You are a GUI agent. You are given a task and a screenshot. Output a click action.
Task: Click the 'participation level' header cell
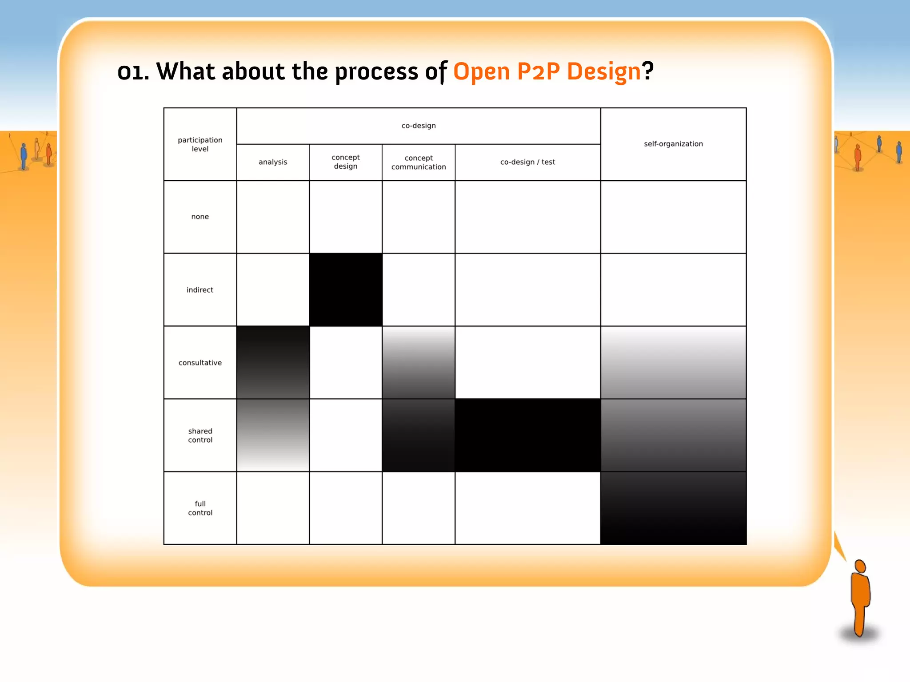pyautogui.click(x=200, y=144)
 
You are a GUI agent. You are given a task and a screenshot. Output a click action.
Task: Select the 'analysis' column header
pyautogui.click(x=273, y=162)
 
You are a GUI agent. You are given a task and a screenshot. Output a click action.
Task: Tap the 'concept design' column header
pyautogui.click(x=346, y=162)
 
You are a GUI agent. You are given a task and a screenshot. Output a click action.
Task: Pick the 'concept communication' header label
pyautogui.click(x=419, y=162)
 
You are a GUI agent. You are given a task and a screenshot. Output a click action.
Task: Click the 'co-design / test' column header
pyautogui.click(x=527, y=162)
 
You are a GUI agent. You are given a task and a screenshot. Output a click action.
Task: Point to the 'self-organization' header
pyautogui.click(x=673, y=144)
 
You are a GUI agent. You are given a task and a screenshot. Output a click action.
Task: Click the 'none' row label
pyautogui.click(x=200, y=217)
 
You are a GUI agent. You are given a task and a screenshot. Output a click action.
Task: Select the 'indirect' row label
pyautogui.click(x=200, y=290)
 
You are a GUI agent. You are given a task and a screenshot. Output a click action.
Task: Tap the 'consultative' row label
pyautogui.click(x=200, y=363)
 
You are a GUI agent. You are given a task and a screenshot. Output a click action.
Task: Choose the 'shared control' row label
pyautogui.click(x=200, y=436)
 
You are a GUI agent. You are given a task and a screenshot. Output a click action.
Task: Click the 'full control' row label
pyautogui.click(x=200, y=508)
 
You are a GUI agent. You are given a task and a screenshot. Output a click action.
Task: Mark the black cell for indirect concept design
pyautogui.click(x=346, y=290)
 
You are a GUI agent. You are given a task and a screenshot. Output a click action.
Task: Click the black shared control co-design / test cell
pyautogui.click(x=527, y=436)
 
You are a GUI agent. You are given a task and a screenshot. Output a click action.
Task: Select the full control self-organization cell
pyautogui.click(x=673, y=508)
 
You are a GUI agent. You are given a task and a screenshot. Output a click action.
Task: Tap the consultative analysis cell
pyautogui.click(x=273, y=363)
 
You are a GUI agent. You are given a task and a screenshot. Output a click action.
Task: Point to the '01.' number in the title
pyautogui.click(x=133, y=72)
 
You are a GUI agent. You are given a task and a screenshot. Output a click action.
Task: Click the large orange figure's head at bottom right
pyautogui.click(x=860, y=567)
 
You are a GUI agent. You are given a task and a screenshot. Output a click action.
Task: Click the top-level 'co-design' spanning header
pyautogui.click(x=419, y=126)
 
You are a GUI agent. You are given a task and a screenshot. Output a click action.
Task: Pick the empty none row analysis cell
pyautogui.click(x=273, y=217)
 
